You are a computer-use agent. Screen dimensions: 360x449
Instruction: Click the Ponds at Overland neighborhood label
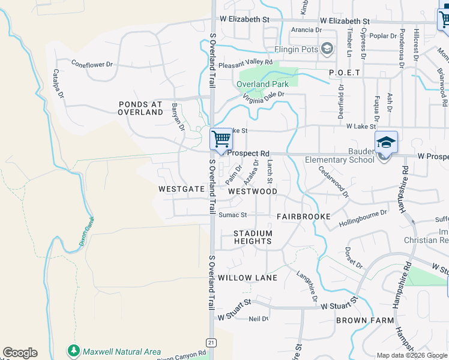(140, 108)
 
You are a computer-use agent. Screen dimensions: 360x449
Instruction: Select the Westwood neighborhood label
(253, 191)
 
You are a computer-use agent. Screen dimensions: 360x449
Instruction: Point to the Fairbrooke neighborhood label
(304, 215)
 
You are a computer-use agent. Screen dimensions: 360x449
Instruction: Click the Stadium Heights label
(253, 237)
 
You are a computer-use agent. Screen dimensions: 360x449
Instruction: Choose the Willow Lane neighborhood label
(247, 278)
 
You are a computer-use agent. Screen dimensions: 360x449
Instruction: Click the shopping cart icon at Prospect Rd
(221, 139)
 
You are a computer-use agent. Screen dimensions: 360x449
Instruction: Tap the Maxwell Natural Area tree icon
(74, 350)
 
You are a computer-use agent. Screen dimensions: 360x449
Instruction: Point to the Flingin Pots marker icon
(327, 48)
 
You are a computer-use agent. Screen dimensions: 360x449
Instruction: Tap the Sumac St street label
(232, 215)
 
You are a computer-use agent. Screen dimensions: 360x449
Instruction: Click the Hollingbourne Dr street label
(363, 223)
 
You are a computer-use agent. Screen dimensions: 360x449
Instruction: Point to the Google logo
(20, 353)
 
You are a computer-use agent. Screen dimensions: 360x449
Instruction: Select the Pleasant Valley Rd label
(246, 62)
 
